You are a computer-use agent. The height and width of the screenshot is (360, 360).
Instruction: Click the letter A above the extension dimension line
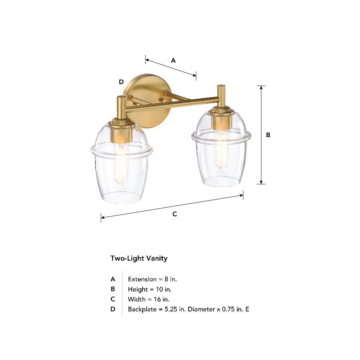coord(174,60)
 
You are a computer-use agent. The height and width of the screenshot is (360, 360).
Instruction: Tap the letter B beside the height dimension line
coord(268,135)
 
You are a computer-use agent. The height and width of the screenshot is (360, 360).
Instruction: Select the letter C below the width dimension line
coord(175,214)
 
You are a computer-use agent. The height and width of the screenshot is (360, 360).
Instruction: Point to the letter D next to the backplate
coord(121,82)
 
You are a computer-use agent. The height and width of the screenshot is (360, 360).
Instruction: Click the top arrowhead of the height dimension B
coord(261,88)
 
